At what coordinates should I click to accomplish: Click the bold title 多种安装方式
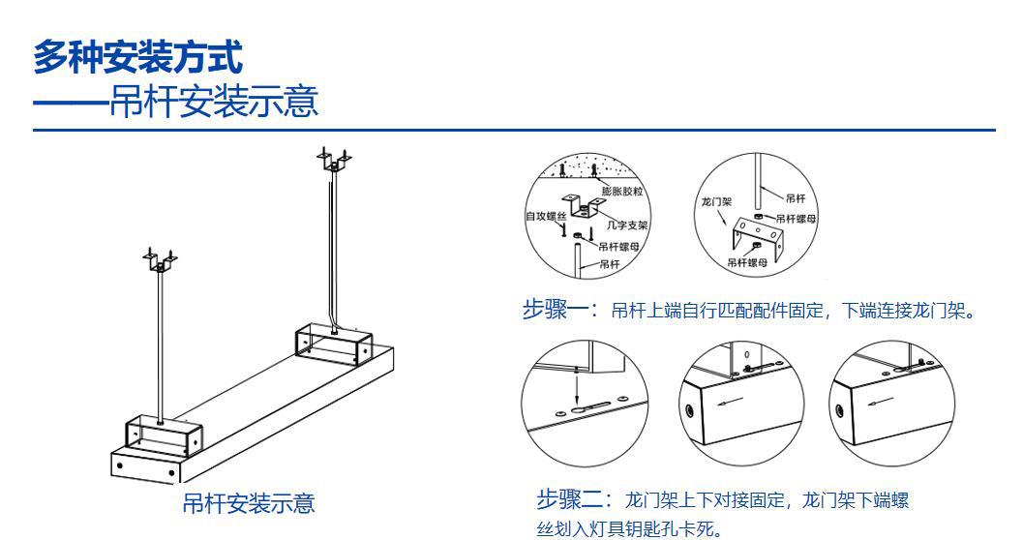137,57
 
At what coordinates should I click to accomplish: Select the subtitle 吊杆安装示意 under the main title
213,101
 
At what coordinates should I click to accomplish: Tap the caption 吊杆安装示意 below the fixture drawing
249,503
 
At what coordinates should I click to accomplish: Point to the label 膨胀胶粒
621,192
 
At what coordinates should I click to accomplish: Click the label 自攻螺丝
545,216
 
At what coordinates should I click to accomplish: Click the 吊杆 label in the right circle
794,198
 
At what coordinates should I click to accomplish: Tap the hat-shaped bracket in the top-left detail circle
587,207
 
